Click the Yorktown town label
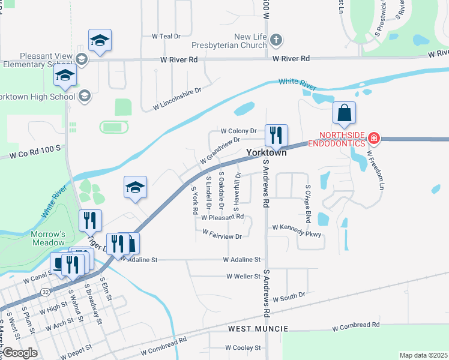(x=267, y=153)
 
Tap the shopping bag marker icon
(x=345, y=113)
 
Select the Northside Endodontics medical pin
(x=373, y=139)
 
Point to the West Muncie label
(x=258, y=329)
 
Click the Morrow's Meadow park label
(x=48, y=238)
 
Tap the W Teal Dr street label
(x=166, y=36)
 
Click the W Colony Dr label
(x=238, y=131)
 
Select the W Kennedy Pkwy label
(x=297, y=228)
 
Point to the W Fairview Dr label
(x=222, y=236)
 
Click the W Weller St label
(x=243, y=277)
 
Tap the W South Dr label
(x=289, y=297)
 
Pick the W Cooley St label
(x=243, y=347)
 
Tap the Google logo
(x=20, y=353)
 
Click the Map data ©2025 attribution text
(x=423, y=355)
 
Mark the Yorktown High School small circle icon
(x=85, y=95)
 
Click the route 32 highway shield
(x=46, y=290)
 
